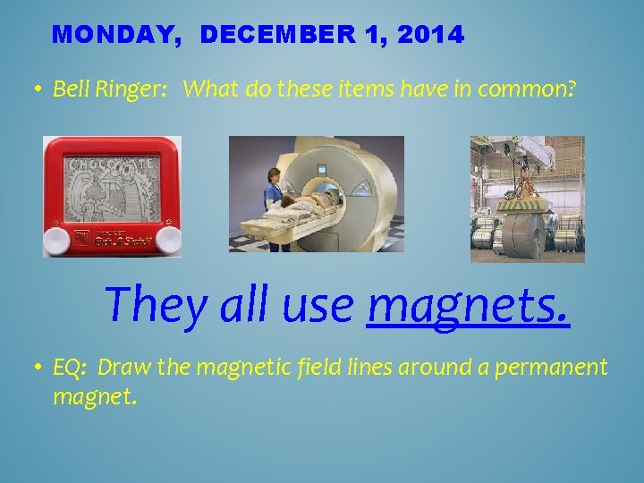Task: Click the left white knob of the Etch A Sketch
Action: coord(57,239)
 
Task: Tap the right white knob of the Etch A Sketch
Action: coord(168,239)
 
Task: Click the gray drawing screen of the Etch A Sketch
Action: coord(112,189)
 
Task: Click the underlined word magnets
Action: coord(468,305)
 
